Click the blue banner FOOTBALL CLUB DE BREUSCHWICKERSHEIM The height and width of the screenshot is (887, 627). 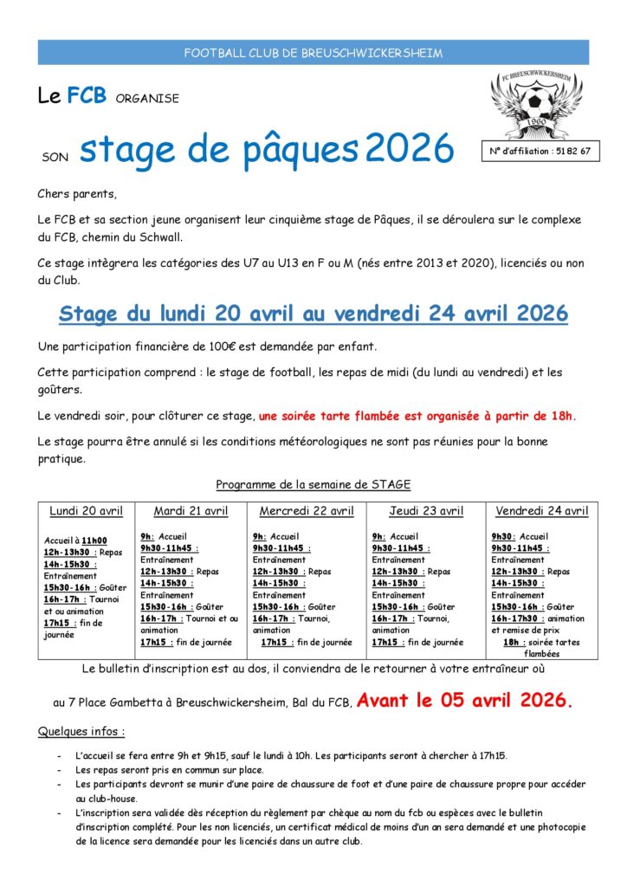click(313, 53)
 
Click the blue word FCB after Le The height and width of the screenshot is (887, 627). click(87, 96)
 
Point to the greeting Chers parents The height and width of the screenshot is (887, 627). click(77, 193)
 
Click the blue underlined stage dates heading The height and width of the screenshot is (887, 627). click(313, 314)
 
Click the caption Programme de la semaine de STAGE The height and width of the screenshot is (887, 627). click(313, 484)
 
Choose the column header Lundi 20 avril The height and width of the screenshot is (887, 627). click(86, 511)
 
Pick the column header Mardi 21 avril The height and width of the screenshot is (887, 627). click(191, 511)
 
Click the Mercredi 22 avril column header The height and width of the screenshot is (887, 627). click(307, 511)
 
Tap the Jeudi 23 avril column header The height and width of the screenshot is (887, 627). click(425, 511)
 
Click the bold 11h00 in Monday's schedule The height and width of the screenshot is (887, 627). click(95, 541)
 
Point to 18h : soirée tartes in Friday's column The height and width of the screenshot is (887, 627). click(540, 643)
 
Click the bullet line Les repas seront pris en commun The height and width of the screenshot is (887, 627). click(170, 769)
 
